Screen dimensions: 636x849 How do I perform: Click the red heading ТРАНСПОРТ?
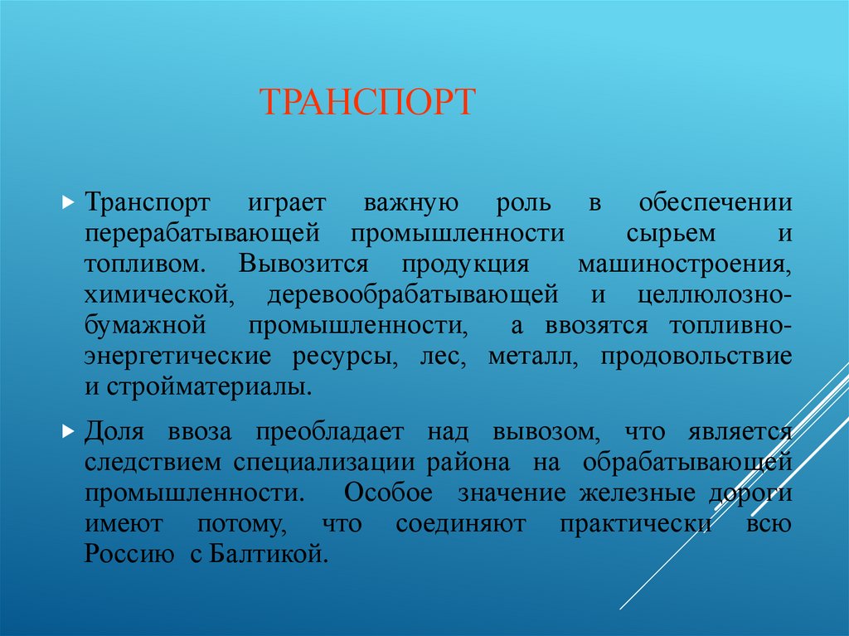coord(367,102)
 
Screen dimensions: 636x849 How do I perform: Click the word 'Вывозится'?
coord(303,265)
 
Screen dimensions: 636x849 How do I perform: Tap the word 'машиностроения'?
coord(682,265)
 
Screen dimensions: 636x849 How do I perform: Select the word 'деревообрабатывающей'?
coord(412,295)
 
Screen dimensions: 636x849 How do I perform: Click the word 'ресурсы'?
coord(342,357)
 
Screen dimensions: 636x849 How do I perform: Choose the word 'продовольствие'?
coord(696,357)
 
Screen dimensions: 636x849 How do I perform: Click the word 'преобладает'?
coord(329,433)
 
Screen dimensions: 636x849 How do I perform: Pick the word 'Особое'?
coord(389,493)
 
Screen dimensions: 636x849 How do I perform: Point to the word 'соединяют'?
coord(449,524)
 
